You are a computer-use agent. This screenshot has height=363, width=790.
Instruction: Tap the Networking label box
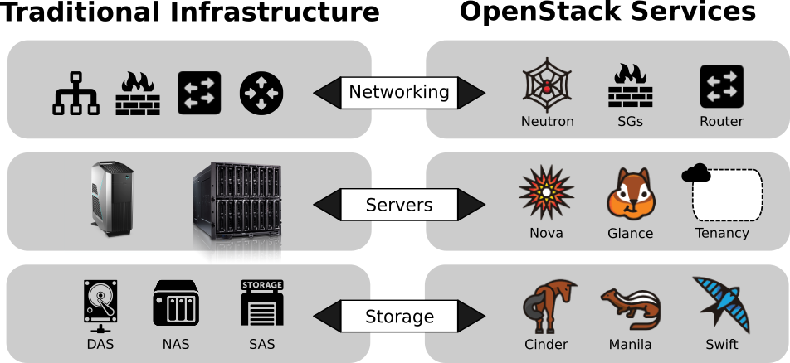click(x=398, y=92)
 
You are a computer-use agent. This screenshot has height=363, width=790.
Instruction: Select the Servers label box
click(x=398, y=204)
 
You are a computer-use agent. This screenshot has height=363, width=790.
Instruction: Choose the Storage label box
click(x=398, y=316)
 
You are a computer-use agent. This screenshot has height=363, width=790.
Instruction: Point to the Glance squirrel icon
click(x=630, y=196)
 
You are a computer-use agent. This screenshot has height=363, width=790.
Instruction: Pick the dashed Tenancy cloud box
click(x=726, y=195)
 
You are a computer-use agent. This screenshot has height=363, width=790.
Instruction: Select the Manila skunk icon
click(x=630, y=308)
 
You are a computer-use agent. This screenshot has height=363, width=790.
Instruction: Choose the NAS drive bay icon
click(x=176, y=303)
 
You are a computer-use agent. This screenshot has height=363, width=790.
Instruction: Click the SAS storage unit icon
click(x=261, y=303)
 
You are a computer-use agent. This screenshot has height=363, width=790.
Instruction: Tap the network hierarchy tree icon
click(x=76, y=94)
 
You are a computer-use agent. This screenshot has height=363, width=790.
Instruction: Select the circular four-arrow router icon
click(x=261, y=93)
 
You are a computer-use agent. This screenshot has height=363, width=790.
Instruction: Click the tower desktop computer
click(x=111, y=198)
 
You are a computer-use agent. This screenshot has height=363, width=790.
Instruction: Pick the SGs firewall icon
click(x=630, y=87)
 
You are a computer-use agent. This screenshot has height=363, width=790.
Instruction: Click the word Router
click(x=721, y=121)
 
